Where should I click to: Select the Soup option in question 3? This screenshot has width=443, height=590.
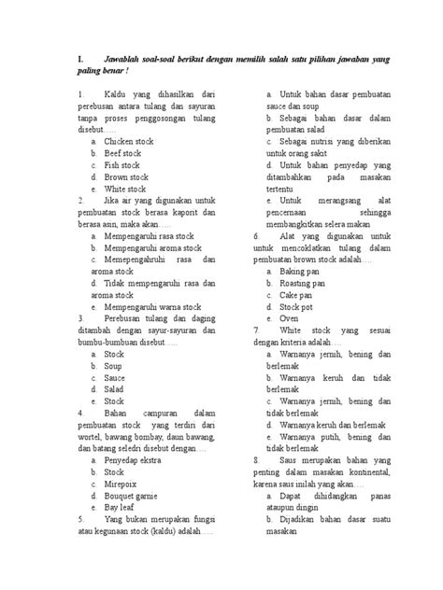click(x=114, y=367)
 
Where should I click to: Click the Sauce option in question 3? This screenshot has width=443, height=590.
click(x=115, y=379)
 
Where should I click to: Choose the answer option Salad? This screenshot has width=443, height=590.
click(x=114, y=391)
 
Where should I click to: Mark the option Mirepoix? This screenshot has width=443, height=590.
click(x=121, y=485)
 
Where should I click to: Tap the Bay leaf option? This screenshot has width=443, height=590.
click(x=122, y=510)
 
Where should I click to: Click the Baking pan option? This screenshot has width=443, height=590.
click(x=299, y=271)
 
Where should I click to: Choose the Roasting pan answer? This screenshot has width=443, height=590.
click(x=303, y=283)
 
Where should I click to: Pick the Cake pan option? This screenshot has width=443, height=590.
click(x=297, y=295)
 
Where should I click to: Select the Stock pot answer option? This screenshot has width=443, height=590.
click(x=298, y=307)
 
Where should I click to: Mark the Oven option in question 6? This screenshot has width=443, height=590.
click(x=289, y=318)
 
